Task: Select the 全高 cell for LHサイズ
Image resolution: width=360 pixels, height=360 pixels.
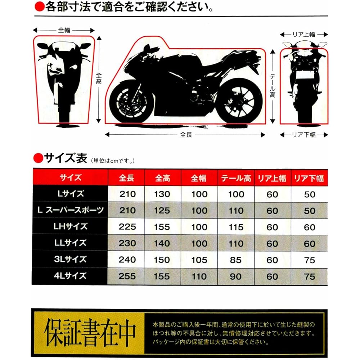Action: pos(162,227)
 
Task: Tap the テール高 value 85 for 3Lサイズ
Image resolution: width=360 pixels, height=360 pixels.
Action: pos(236,260)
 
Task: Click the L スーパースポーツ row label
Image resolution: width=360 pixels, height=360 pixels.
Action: pos(71,210)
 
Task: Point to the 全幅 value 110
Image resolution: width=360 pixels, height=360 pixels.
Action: pos(199,276)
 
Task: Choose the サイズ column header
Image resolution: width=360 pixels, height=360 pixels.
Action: pos(71,177)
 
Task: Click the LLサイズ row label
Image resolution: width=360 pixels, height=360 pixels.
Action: pos(71,243)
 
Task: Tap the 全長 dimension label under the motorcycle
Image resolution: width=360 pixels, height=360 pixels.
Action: pos(186,135)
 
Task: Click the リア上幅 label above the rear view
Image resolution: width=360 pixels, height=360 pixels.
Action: pos(303,35)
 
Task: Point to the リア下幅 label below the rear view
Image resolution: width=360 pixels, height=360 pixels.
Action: pos(303,135)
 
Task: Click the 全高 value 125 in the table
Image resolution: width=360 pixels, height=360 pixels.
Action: pos(162,211)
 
